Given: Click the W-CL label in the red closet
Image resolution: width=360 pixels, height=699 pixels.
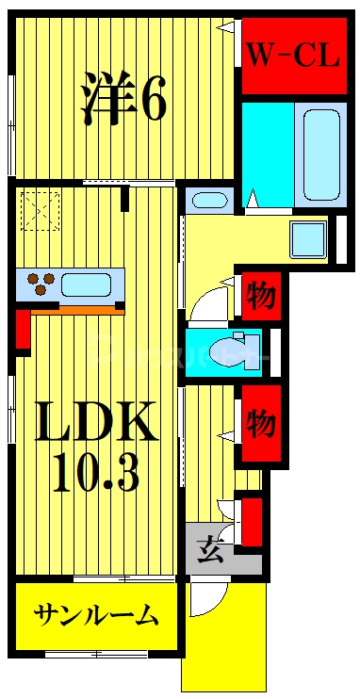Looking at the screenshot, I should [292, 56].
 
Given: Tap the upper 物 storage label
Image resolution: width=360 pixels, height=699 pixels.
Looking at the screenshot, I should [260, 298].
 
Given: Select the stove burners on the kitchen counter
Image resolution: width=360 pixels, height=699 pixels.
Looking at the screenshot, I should [41, 281].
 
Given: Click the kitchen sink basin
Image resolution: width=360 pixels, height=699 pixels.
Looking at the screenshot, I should [90, 283].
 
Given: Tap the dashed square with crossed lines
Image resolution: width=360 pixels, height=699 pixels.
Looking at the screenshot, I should [41, 210].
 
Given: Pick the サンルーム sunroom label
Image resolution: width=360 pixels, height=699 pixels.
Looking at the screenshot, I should [96, 617].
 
